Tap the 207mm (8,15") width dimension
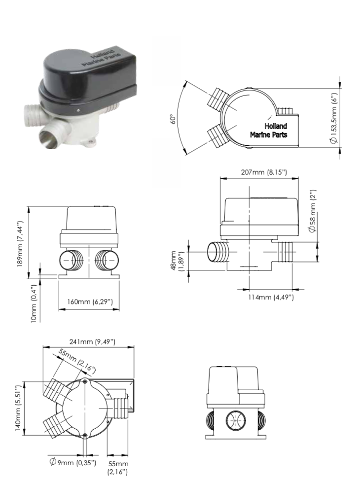259,172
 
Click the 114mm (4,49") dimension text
271,297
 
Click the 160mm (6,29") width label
89,301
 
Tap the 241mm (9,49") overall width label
88,341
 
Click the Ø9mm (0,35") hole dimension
72,462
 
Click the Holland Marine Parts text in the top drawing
268,130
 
